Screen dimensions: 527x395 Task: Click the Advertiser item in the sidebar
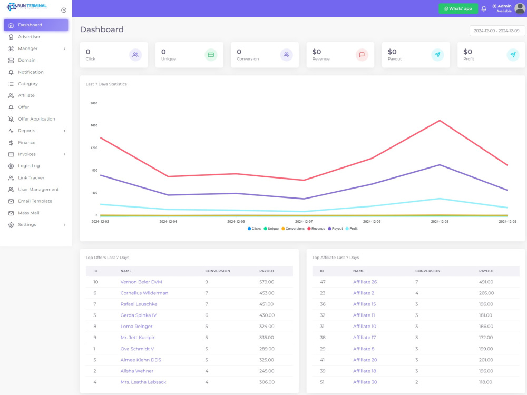click(29, 37)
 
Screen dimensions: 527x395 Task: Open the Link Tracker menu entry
click(31, 177)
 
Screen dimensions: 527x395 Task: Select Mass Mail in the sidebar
click(28, 213)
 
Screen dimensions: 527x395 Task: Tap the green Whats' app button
click(458, 9)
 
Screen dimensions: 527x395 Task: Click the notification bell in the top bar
click(484, 9)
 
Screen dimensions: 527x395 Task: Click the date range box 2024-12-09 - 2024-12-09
click(497, 31)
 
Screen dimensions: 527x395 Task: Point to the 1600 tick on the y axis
click(94, 125)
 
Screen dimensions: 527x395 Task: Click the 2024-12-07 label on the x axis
click(304, 222)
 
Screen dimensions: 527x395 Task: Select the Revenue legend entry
click(316, 229)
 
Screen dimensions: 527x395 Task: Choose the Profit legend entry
click(352, 229)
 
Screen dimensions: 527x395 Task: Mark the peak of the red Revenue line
click(440, 120)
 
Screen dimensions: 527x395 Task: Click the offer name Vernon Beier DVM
click(141, 282)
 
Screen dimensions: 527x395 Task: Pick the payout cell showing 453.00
click(267, 293)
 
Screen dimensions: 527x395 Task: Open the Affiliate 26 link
click(365, 282)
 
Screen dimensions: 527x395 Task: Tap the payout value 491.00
click(486, 282)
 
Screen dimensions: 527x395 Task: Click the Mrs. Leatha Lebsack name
click(143, 382)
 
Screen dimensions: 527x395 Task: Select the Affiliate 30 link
click(365, 382)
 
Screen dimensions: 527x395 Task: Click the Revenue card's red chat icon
click(362, 55)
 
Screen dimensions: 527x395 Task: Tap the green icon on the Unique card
click(211, 55)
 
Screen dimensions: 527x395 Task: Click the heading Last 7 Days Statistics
click(106, 84)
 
